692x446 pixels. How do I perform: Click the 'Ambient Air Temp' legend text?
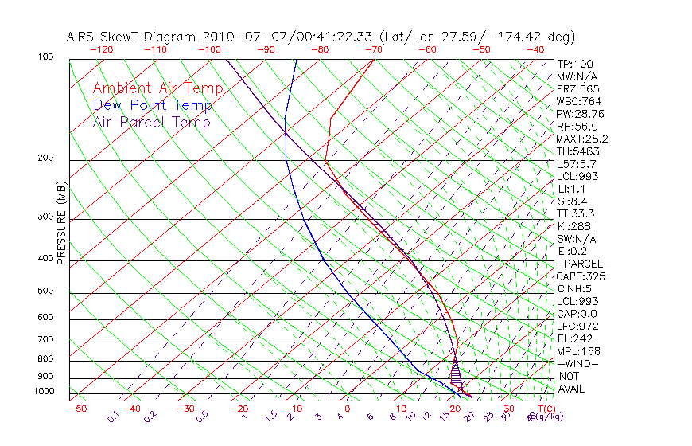157,88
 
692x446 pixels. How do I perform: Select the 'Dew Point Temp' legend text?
153,105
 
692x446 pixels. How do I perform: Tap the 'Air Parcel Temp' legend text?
151,122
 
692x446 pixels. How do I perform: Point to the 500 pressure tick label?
45,291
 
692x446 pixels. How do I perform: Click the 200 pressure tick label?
45,158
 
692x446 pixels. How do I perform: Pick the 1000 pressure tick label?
45,392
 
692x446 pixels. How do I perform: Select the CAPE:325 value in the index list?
577,276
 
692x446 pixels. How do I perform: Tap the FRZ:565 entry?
577,88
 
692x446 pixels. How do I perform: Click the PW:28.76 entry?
580,114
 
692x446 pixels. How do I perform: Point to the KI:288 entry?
574,226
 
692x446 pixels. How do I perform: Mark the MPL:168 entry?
577,351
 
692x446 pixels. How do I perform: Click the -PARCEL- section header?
583,264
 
